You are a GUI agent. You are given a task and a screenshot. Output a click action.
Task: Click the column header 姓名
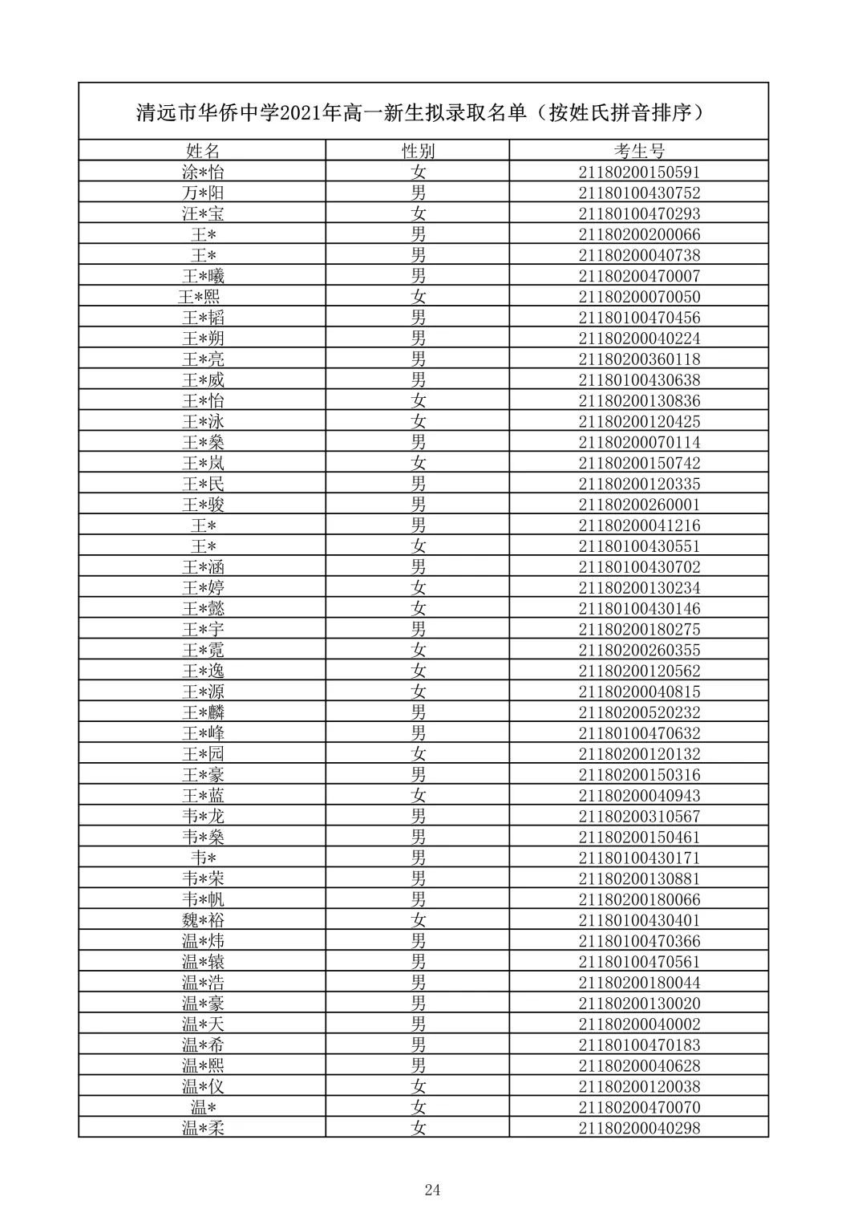tap(202, 151)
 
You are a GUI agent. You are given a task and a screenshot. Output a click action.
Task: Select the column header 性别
tap(418, 151)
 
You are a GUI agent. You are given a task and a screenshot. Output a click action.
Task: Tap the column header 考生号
tap(639, 151)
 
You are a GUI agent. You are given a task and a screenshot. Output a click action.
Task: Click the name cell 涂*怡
tap(202, 172)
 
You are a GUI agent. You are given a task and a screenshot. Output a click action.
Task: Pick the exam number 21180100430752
tap(639, 193)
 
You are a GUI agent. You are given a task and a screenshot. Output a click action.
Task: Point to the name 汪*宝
tap(202, 213)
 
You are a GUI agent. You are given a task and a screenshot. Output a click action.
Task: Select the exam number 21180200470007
tap(639, 276)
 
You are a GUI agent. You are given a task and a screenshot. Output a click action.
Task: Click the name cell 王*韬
tap(202, 318)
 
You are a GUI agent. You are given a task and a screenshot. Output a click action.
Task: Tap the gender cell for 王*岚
tap(418, 463)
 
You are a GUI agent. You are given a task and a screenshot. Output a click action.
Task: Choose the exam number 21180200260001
tap(639, 505)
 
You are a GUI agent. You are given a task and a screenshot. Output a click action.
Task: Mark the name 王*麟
tap(202, 712)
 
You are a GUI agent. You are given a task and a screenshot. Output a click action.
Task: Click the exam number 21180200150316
tap(639, 775)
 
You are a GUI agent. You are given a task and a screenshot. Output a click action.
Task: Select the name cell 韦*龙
tap(202, 817)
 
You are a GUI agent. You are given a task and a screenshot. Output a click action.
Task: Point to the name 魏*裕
tap(202, 920)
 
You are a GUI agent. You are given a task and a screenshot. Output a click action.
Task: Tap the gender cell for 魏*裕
tap(418, 920)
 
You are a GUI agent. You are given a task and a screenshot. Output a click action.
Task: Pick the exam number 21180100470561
tap(639, 962)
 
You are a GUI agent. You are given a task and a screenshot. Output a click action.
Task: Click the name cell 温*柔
tap(202, 1128)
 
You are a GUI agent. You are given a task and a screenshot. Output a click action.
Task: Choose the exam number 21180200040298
tap(639, 1128)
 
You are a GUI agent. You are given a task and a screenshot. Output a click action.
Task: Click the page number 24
tap(432, 1190)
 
